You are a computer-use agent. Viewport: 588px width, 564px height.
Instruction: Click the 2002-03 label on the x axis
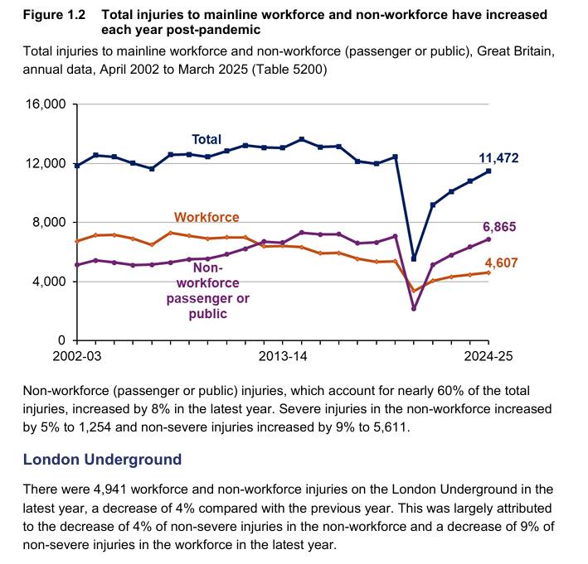tap(76, 357)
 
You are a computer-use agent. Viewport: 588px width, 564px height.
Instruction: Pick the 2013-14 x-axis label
tap(283, 357)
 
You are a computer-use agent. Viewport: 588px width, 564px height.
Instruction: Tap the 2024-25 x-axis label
tap(488, 357)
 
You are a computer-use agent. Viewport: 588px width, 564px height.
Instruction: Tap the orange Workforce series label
tap(206, 217)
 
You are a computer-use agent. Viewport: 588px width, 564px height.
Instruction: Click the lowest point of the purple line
tap(414, 308)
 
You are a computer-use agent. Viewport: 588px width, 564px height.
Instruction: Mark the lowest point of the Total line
tap(414, 259)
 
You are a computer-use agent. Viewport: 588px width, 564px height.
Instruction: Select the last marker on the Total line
tap(488, 171)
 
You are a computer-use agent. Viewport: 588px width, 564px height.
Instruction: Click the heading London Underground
tap(102, 459)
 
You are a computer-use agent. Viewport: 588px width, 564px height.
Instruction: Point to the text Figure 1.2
tap(52, 15)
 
